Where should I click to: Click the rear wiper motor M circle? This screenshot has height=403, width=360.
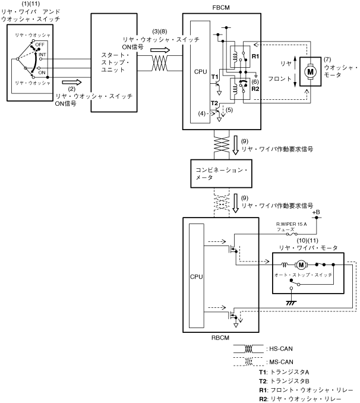(x=301, y=264)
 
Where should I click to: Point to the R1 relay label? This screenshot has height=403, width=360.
(x=255, y=56)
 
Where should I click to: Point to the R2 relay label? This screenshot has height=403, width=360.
(x=255, y=89)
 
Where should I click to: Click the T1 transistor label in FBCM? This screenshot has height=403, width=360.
(x=214, y=77)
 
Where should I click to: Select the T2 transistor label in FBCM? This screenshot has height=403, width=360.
(x=214, y=104)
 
